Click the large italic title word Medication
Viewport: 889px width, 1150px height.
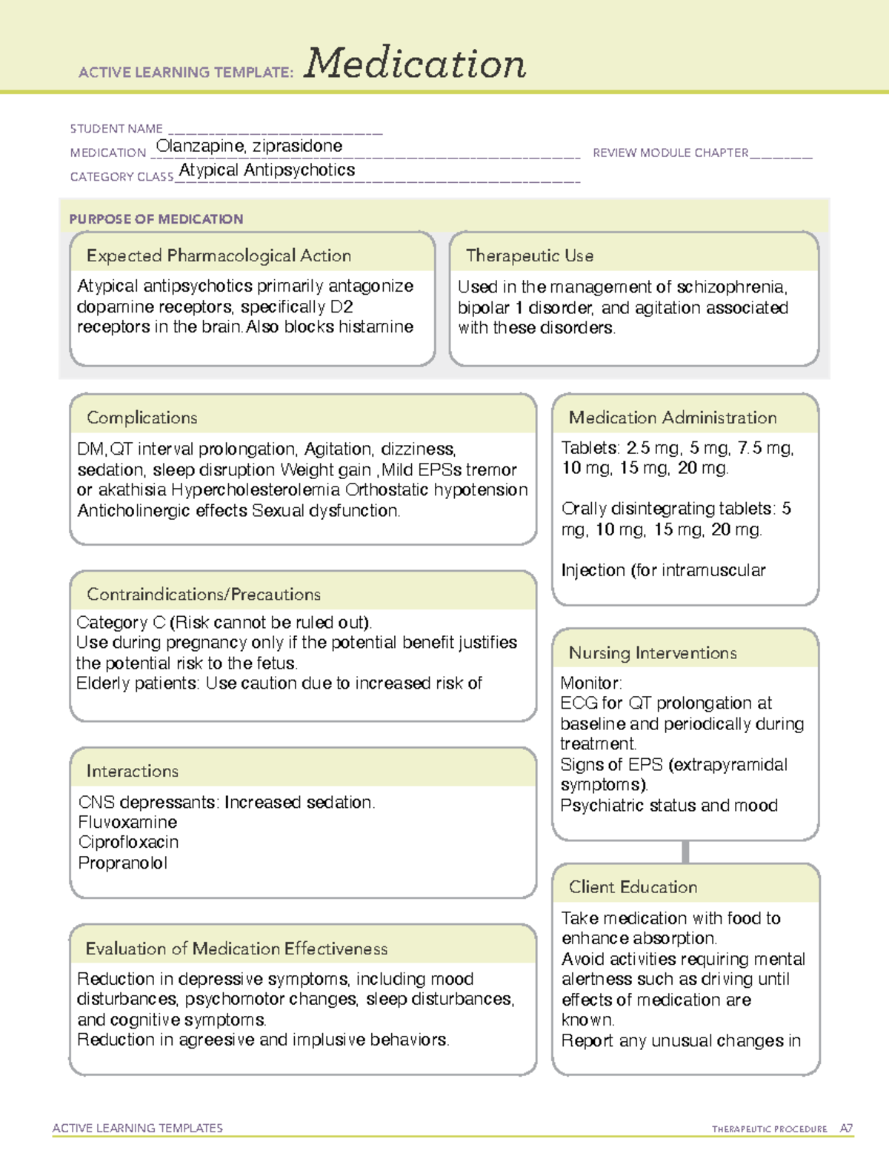[415, 64]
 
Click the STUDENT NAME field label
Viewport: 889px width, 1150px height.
[116, 129]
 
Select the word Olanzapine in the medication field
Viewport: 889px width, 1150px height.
[199, 146]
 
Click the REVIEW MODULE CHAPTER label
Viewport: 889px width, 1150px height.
[670, 153]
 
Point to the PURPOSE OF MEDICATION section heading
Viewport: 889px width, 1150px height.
[156, 219]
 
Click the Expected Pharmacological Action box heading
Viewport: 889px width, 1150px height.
[219, 256]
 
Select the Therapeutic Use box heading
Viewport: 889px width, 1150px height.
[530, 256]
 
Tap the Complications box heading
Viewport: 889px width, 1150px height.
[142, 418]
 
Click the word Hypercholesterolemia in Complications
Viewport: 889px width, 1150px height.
[256, 490]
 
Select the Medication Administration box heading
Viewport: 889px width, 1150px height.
[673, 418]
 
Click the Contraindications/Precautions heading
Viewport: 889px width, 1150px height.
[204, 595]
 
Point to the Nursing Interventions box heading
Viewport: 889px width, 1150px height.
[653, 653]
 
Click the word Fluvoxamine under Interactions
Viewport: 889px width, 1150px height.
[127, 823]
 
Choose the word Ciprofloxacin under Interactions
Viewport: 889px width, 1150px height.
[128, 843]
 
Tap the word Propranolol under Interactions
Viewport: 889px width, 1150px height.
[123, 863]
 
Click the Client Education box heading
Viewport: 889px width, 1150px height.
[633, 887]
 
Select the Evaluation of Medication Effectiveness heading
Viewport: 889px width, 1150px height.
[236, 949]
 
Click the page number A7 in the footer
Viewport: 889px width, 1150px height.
[846, 1129]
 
